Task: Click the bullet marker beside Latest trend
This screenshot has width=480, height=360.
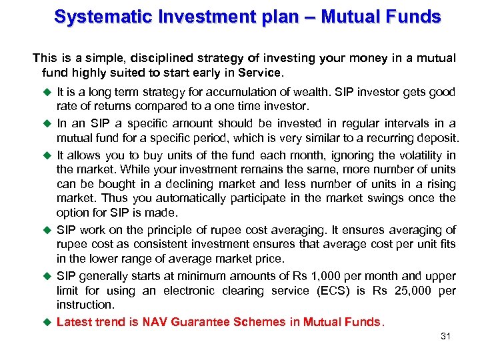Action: tap(48, 322)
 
